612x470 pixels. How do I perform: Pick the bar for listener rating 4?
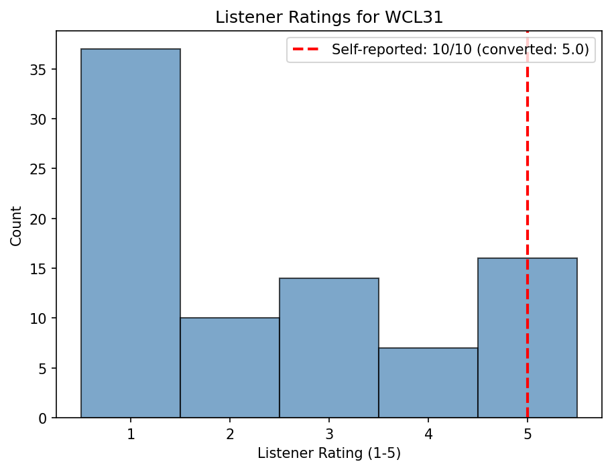[428, 382]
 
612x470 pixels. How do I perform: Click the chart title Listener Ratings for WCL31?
[329, 18]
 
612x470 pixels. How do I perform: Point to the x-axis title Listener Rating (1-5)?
[329, 454]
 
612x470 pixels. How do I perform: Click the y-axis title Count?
[16, 225]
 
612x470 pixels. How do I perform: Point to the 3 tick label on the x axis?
[329, 434]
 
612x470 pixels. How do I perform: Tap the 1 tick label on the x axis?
[131, 434]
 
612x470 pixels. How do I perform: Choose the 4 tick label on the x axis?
[428, 434]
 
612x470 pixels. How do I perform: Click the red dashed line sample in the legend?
[308, 50]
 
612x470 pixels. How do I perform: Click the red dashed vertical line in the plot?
[528, 168]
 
